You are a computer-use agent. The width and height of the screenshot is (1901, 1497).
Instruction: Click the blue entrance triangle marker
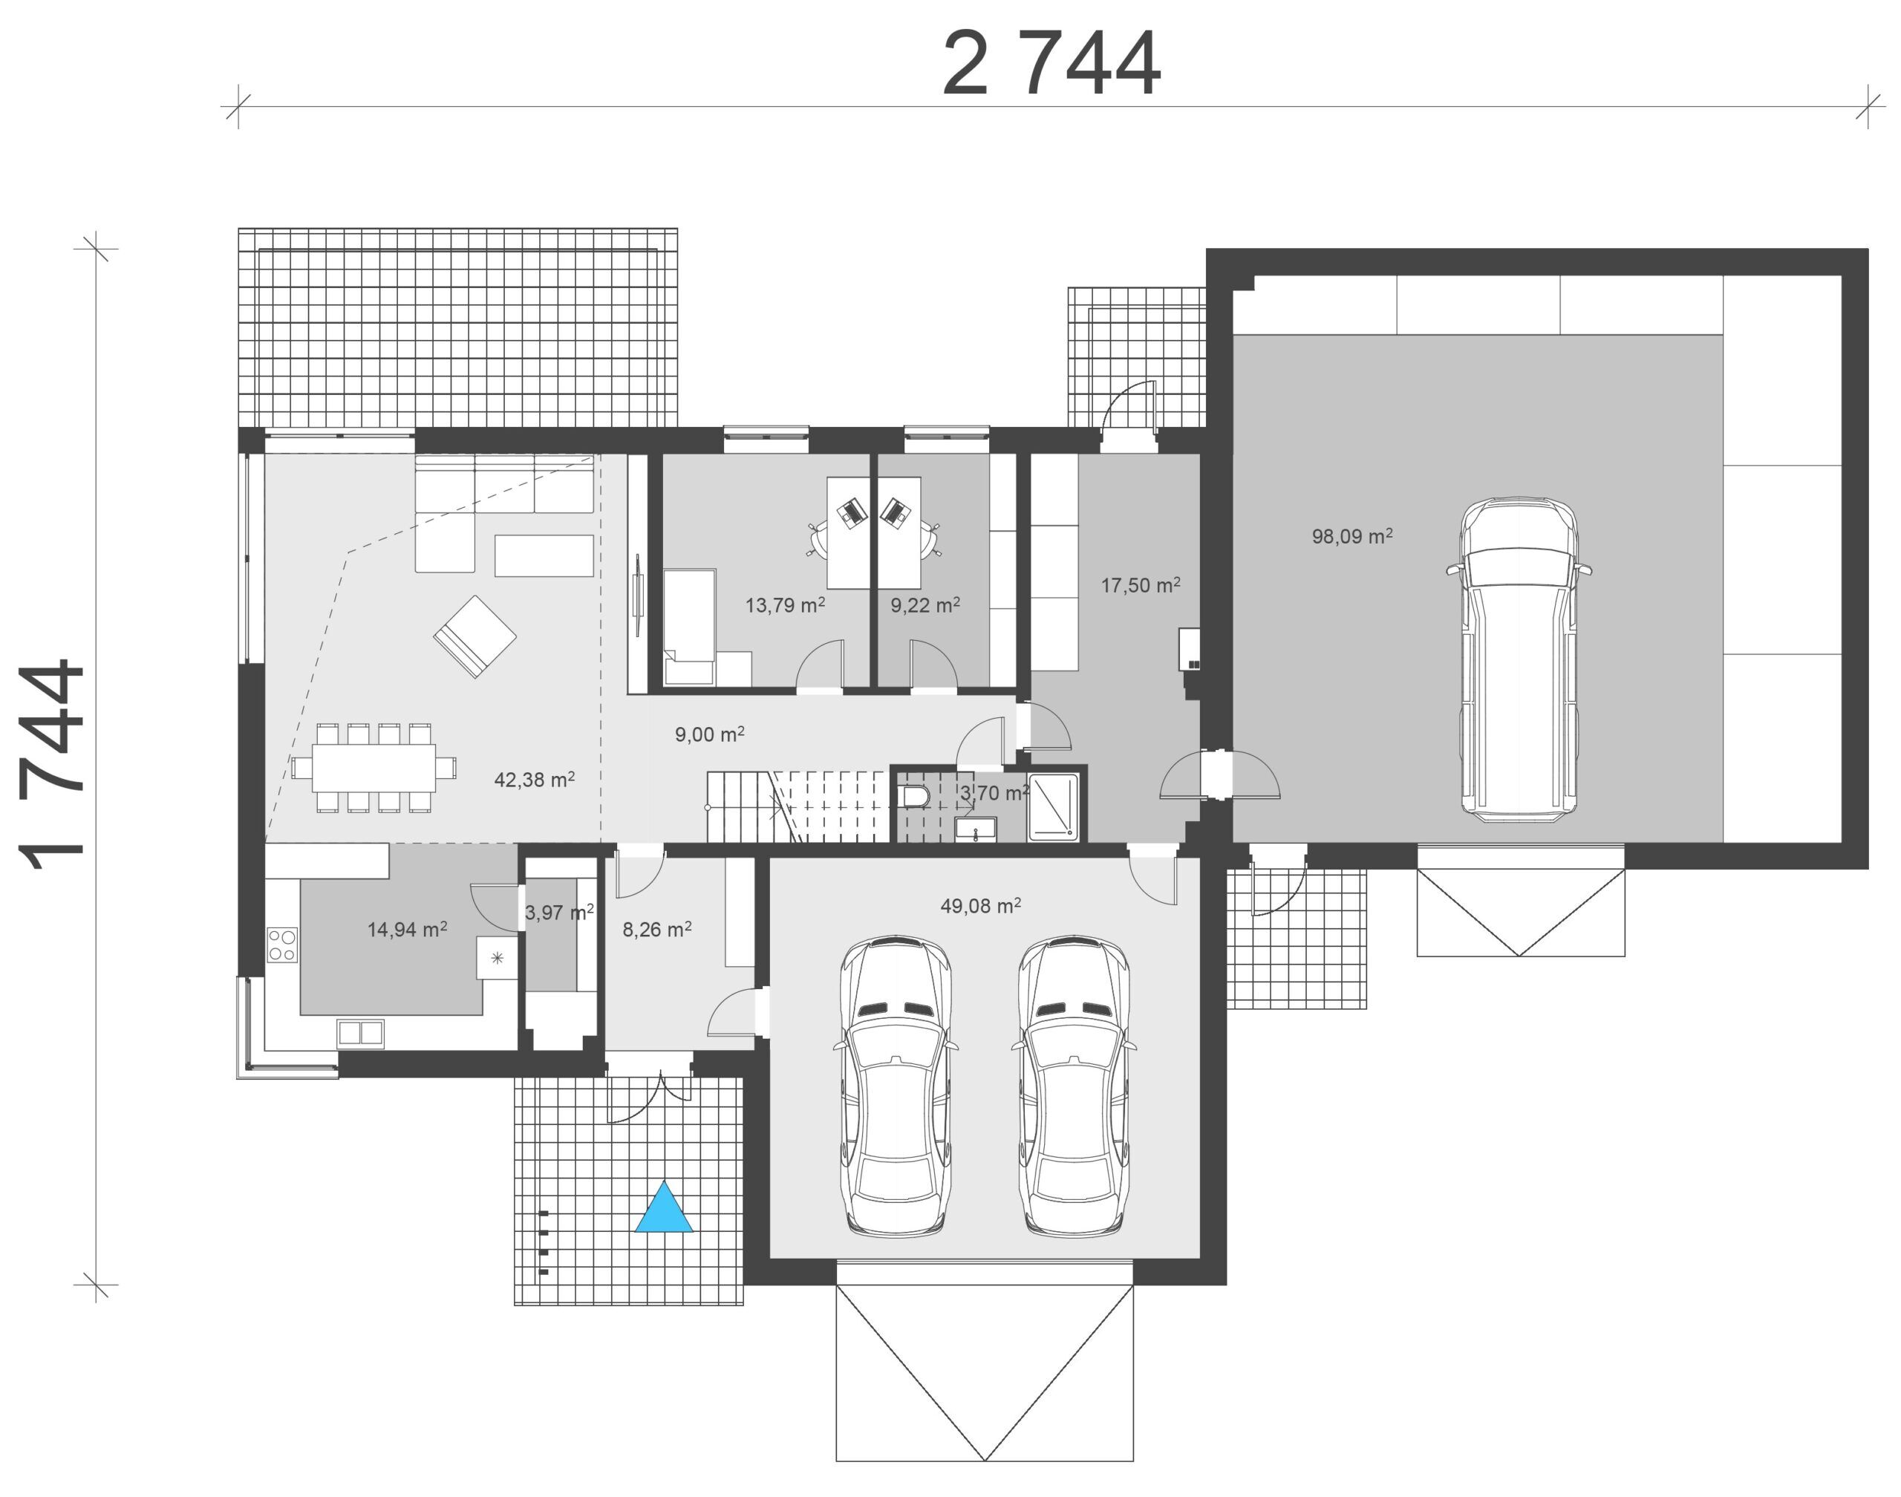coord(663,1209)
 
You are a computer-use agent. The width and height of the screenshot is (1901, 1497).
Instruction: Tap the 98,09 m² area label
coord(1351,535)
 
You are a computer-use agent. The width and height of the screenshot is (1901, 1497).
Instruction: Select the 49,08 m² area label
coord(980,905)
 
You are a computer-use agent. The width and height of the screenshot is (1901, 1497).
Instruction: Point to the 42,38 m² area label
coord(534,779)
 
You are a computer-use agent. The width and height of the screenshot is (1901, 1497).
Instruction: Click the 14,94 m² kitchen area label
coord(407,929)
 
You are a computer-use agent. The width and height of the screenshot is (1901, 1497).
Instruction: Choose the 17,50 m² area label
coord(1141,584)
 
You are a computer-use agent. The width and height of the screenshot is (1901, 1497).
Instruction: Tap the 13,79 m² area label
coord(784,604)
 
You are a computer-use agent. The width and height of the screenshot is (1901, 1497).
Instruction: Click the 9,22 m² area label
coord(925,604)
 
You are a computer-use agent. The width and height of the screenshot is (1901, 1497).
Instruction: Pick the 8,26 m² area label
coord(656,929)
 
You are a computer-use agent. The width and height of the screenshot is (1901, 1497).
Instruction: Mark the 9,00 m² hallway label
coord(709,734)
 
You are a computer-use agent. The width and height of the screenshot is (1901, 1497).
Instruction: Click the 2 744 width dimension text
coord(1051,64)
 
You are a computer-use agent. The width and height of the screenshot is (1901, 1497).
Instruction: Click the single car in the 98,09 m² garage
coord(1519,660)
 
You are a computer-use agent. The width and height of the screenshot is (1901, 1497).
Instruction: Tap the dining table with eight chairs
coord(374,768)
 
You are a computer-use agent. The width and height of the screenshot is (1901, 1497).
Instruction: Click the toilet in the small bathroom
coord(913,796)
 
